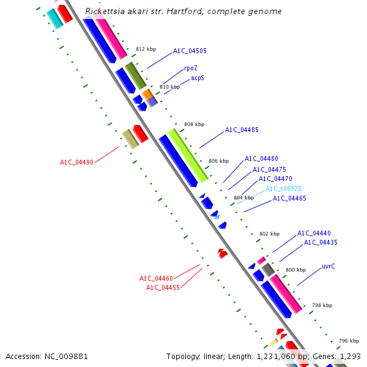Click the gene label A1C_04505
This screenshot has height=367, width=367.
tap(190, 51)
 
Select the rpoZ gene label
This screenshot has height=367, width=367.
tap(191, 69)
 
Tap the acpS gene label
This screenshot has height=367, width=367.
tap(198, 78)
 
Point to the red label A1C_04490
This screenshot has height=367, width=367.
tap(76, 163)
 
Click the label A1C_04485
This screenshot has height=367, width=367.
tap(242, 130)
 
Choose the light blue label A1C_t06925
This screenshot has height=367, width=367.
tap(283, 189)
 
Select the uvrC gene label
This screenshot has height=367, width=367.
tap(328, 267)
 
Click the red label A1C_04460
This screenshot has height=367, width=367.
tap(156, 279)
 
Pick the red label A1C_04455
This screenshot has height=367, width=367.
tap(163, 288)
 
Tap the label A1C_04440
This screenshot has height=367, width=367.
tap(314, 234)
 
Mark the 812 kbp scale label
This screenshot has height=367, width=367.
tap(146, 49)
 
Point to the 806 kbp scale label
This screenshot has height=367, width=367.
tap(218, 161)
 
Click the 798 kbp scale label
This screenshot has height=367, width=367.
tap(322, 305)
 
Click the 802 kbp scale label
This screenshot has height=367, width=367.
tap(269, 234)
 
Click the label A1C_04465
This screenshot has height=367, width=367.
tap(289, 198)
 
